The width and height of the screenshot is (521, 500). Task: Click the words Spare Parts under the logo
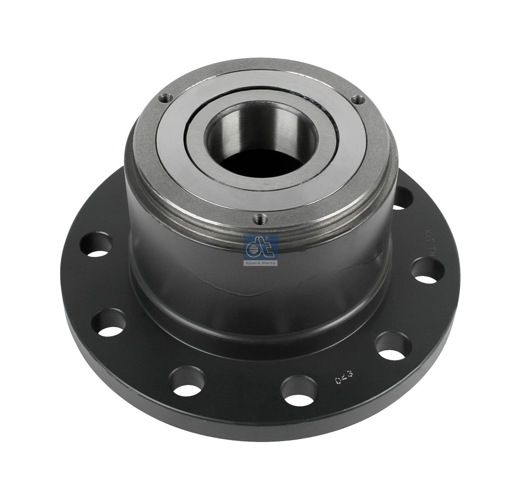pyautogui.click(x=260, y=263)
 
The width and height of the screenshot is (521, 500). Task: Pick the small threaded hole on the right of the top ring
pyautogui.click(x=357, y=99)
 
